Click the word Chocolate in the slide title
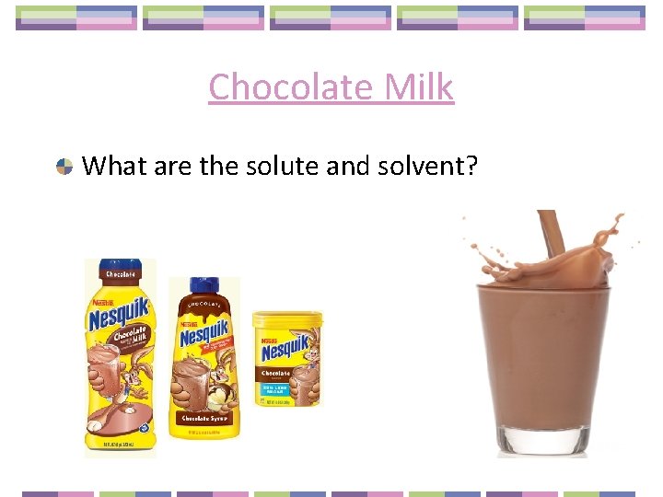[286, 87]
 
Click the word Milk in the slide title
[413, 87]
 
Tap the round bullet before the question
[64, 167]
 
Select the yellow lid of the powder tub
[287, 320]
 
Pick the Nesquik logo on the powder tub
[286, 350]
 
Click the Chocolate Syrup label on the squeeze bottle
[205, 419]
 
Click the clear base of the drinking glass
[543, 440]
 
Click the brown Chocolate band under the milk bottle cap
[121, 274]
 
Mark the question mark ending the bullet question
[471, 167]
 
